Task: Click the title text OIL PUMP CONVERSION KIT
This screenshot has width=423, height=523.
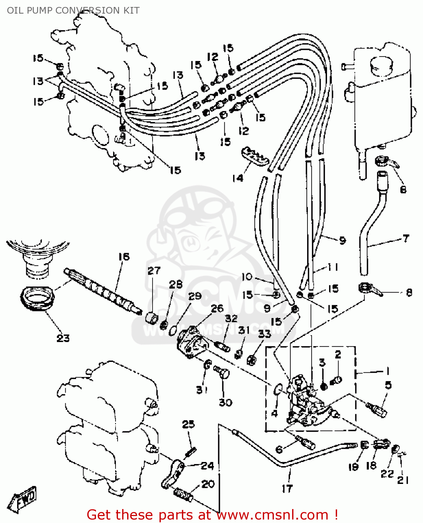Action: tap(73, 10)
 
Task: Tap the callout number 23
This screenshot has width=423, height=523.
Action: tap(63, 338)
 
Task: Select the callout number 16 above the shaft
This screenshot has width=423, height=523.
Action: tap(124, 257)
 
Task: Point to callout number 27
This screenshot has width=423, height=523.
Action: tap(154, 271)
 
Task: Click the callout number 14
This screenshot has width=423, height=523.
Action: tap(238, 178)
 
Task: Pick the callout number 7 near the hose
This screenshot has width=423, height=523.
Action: tap(406, 238)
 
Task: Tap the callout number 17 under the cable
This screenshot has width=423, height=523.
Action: tap(287, 489)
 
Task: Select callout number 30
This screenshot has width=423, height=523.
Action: tap(225, 402)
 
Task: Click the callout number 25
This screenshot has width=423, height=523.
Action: tap(188, 424)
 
